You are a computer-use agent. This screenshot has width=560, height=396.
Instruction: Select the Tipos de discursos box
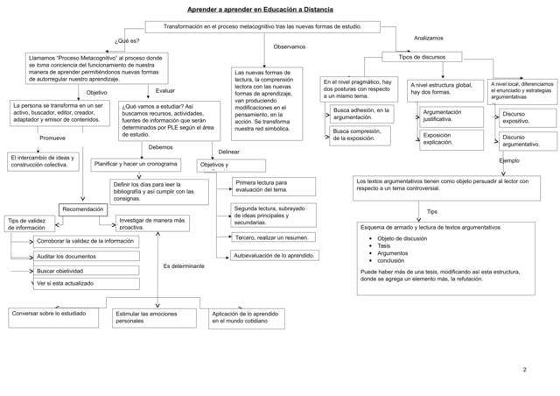[422, 57]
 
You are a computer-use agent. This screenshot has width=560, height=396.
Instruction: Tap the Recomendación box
[83, 209]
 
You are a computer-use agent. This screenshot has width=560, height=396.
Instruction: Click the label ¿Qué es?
[127, 41]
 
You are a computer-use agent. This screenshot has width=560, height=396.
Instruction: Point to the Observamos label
[290, 46]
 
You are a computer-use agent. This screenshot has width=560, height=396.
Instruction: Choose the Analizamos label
[429, 39]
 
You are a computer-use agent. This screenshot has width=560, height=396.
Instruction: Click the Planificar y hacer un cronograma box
[136, 164]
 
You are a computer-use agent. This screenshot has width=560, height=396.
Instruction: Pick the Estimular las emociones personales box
[153, 316]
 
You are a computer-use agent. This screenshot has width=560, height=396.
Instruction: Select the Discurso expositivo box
[516, 117]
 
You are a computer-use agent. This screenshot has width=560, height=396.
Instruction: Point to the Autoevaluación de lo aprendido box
[274, 256]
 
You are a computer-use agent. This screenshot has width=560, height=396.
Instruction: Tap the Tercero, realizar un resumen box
[273, 237]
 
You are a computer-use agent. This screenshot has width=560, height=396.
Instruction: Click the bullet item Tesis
[385, 246]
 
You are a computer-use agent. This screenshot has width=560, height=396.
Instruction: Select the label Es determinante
[184, 265]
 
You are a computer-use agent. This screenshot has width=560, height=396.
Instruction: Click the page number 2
[525, 370]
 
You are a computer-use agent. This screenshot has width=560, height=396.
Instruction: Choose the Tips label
[432, 212]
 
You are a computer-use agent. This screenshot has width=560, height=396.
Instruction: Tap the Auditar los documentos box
[66, 256]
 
